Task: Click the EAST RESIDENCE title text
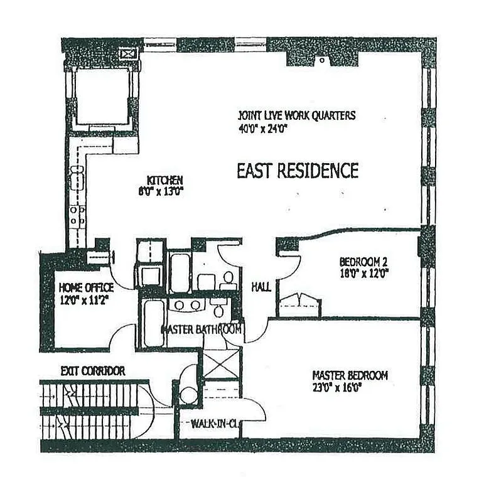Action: point(297,171)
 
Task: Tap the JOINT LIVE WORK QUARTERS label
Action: point(296,115)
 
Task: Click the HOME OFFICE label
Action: point(85,287)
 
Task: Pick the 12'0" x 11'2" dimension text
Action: point(85,299)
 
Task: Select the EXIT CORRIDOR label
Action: point(92,371)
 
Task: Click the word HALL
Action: point(261,287)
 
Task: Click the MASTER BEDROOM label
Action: point(350,375)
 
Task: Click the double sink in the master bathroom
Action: point(186,305)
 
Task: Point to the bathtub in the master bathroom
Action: point(153,323)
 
